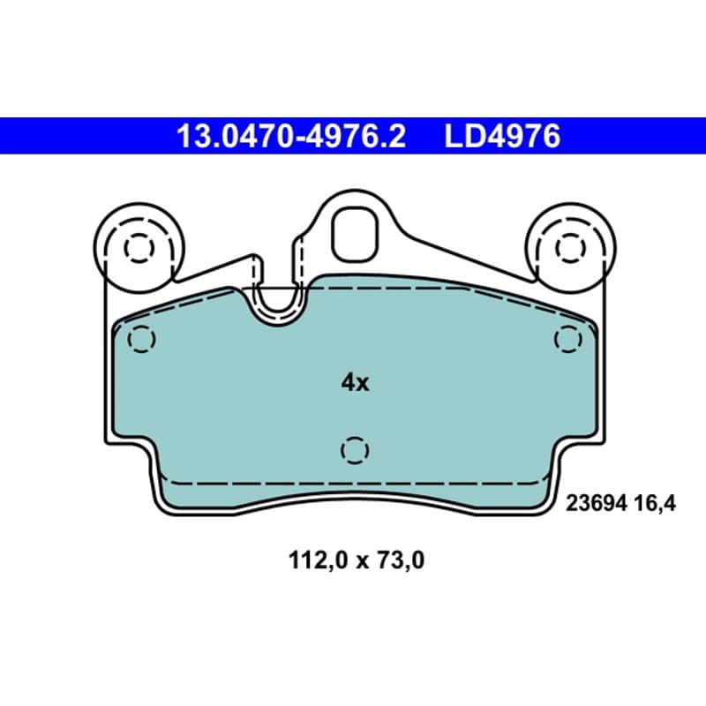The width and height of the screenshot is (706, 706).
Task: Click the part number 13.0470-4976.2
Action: (x=291, y=136)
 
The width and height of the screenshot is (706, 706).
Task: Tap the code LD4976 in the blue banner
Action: (x=502, y=136)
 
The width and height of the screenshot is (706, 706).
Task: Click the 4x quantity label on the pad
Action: (x=355, y=383)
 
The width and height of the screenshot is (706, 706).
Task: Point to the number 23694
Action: (x=597, y=503)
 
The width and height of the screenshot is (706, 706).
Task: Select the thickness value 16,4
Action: (x=655, y=503)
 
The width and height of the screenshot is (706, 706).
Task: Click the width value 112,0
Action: (x=319, y=560)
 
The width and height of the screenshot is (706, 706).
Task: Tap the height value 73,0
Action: (x=401, y=560)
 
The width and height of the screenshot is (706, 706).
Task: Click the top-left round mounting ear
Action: (x=139, y=248)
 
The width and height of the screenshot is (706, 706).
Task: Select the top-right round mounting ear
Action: (x=570, y=248)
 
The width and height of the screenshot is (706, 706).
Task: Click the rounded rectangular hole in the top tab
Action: (x=355, y=235)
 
